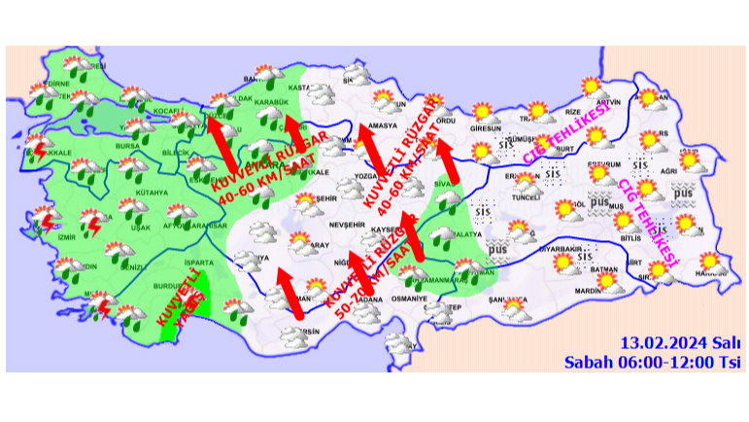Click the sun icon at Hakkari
point(711,262)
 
